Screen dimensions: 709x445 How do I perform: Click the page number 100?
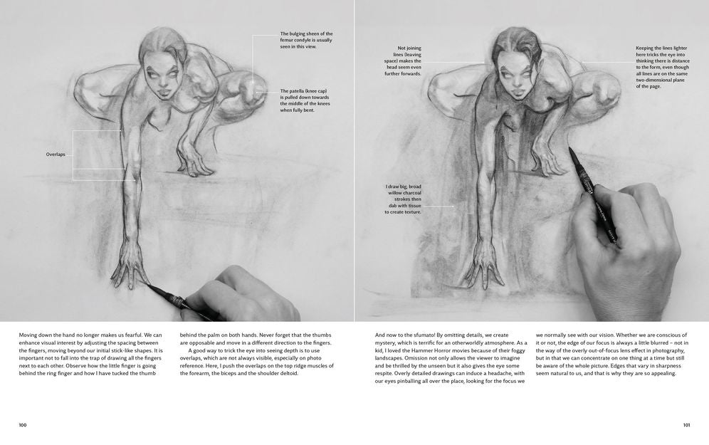tap(23, 424)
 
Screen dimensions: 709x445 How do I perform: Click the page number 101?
tap(686, 424)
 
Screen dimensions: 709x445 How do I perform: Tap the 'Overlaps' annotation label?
tap(56, 155)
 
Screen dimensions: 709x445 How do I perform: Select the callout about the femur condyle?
tap(306, 40)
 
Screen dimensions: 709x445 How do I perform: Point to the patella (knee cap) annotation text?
tap(305, 100)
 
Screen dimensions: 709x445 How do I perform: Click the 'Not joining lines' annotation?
tap(403, 61)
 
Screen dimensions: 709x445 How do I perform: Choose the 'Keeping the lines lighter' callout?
tap(663, 67)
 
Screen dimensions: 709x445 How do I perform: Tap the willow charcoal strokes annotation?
tap(403, 199)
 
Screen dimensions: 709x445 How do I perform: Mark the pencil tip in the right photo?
tap(569, 149)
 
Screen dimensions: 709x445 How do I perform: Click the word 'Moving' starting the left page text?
tap(27, 335)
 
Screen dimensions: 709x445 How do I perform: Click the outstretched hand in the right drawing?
tap(485, 268)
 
